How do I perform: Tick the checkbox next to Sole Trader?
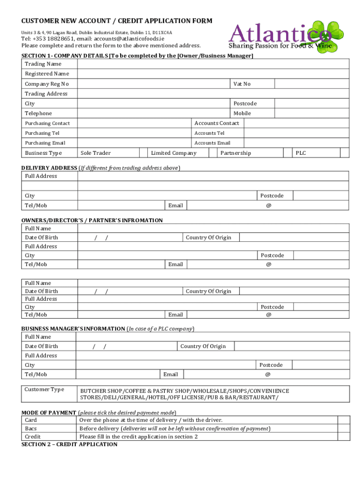[x=144, y=153]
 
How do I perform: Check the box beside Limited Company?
[x=213, y=153]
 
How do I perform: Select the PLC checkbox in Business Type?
[x=344, y=153]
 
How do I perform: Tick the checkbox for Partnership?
[x=288, y=153]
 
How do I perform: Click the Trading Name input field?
[x=213, y=64]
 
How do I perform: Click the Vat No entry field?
[x=311, y=84]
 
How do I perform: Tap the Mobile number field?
[x=311, y=113]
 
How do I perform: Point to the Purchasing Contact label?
[x=47, y=123]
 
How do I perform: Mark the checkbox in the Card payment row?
[x=344, y=420]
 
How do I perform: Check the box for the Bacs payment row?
[x=344, y=428]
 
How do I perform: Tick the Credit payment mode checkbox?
[x=344, y=436]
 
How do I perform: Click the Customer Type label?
[x=44, y=389]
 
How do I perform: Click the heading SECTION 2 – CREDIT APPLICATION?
[x=70, y=444]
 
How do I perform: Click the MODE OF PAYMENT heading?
[x=49, y=413]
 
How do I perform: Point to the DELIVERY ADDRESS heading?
[x=50, y=167]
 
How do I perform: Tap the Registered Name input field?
[x=213, y=74]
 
